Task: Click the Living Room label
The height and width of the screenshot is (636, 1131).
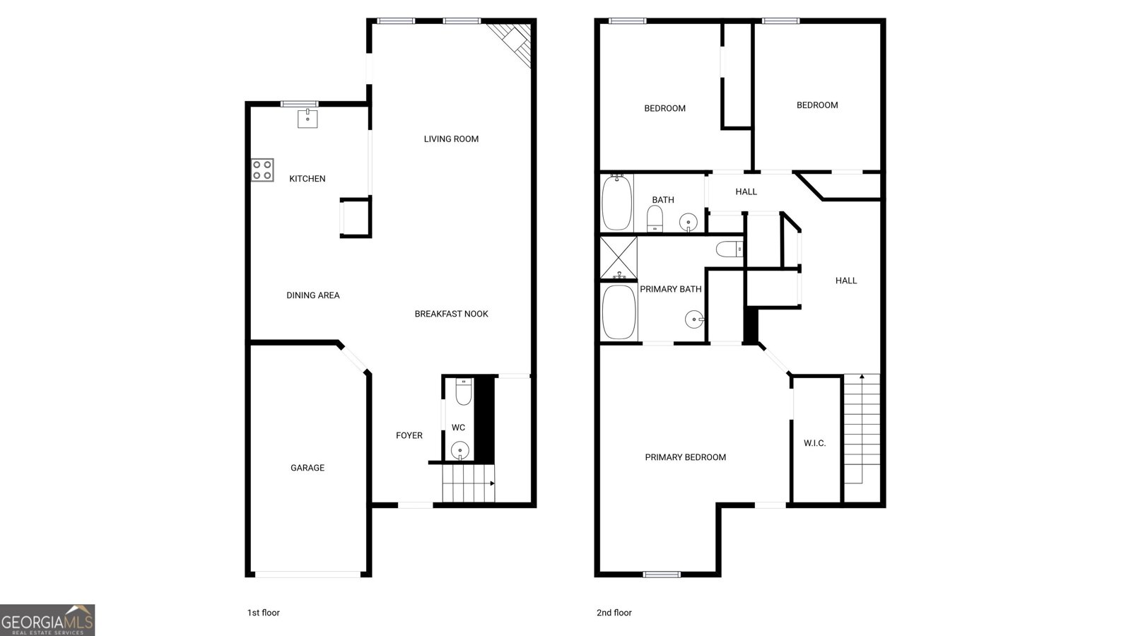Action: click(x=451, y=139)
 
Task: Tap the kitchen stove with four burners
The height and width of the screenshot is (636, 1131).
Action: click(x=262, y=170)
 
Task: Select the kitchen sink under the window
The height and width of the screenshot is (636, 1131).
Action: click(x=307, y=118)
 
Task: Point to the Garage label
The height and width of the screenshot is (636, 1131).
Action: click(x=307, y=468)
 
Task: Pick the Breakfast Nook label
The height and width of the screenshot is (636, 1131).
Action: click(x=451, y=314)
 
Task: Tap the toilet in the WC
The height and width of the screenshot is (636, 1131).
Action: click(x=463, y=392)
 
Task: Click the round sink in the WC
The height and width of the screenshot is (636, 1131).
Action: click(x=460, y=449)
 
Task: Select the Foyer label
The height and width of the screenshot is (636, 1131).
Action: click(x=409, y=436)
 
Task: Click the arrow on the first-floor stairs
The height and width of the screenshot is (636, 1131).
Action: click(x=491, y=483)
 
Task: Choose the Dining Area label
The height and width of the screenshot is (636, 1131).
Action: click(x=313, y=295)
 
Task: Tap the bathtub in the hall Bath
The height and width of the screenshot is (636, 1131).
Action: click(x=616, y=202)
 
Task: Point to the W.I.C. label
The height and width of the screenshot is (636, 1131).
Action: click(x=814, y=443)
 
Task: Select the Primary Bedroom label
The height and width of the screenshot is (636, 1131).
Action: click(x=685, y=457)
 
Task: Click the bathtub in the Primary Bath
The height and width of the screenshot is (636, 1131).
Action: click(x=619, y=312)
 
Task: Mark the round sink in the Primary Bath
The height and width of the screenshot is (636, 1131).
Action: click(x=695, y=320)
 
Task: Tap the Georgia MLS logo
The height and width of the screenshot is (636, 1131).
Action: click(x=47, y=620)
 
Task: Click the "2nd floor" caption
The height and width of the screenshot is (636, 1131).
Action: click(x=614, y=613)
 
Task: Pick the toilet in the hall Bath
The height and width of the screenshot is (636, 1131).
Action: click(x=655, y=218)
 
